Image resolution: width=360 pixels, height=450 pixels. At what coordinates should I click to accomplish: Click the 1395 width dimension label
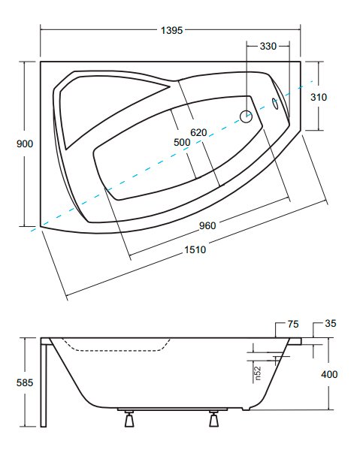171,30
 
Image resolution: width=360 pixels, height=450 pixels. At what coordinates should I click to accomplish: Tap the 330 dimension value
268,47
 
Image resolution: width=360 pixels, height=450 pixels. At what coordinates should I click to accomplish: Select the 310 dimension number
319,98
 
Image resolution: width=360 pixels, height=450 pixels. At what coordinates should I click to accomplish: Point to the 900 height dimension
25,143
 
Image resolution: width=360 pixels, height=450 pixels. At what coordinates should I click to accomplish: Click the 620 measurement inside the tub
198,132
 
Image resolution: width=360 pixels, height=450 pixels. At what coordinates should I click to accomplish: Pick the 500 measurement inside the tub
182,142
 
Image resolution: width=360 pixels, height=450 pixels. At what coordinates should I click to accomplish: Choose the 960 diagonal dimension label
207,226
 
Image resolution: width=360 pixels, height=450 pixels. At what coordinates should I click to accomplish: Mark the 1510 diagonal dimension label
195,249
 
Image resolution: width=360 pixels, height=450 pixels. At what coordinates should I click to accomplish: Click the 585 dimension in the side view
25,382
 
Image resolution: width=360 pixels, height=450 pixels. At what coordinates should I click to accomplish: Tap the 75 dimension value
293,325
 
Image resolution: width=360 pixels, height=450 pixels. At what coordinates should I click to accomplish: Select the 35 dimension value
331,324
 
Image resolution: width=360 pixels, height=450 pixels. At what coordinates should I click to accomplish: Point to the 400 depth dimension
329,374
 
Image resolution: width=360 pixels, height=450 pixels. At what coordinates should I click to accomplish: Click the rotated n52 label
258,373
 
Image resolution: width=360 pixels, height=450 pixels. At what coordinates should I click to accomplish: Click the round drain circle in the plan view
246,116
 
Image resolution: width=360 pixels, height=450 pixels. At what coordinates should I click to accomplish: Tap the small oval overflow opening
275,104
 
